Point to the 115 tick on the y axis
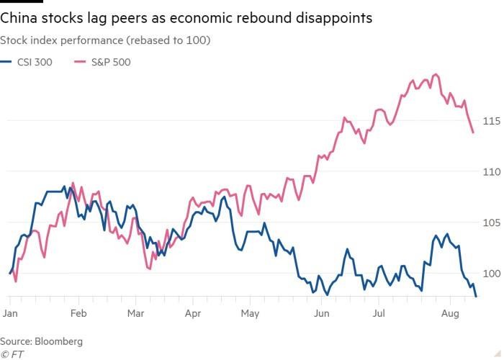(x=492, y=121)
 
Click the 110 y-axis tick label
(x=492, y=171)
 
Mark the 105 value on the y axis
(x=492, y=222)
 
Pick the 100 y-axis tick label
(x=492, y=274)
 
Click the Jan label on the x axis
(x=10, y=314)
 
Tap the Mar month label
(x=135, y=314)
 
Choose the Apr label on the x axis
(x=192, y=314)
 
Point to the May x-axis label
(x=249, y=314)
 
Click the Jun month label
(x=322, y=314)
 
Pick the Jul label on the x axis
(x=378, y=314)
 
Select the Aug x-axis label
(x=449, y=314)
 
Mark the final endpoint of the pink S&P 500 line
(x=473, y=132)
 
